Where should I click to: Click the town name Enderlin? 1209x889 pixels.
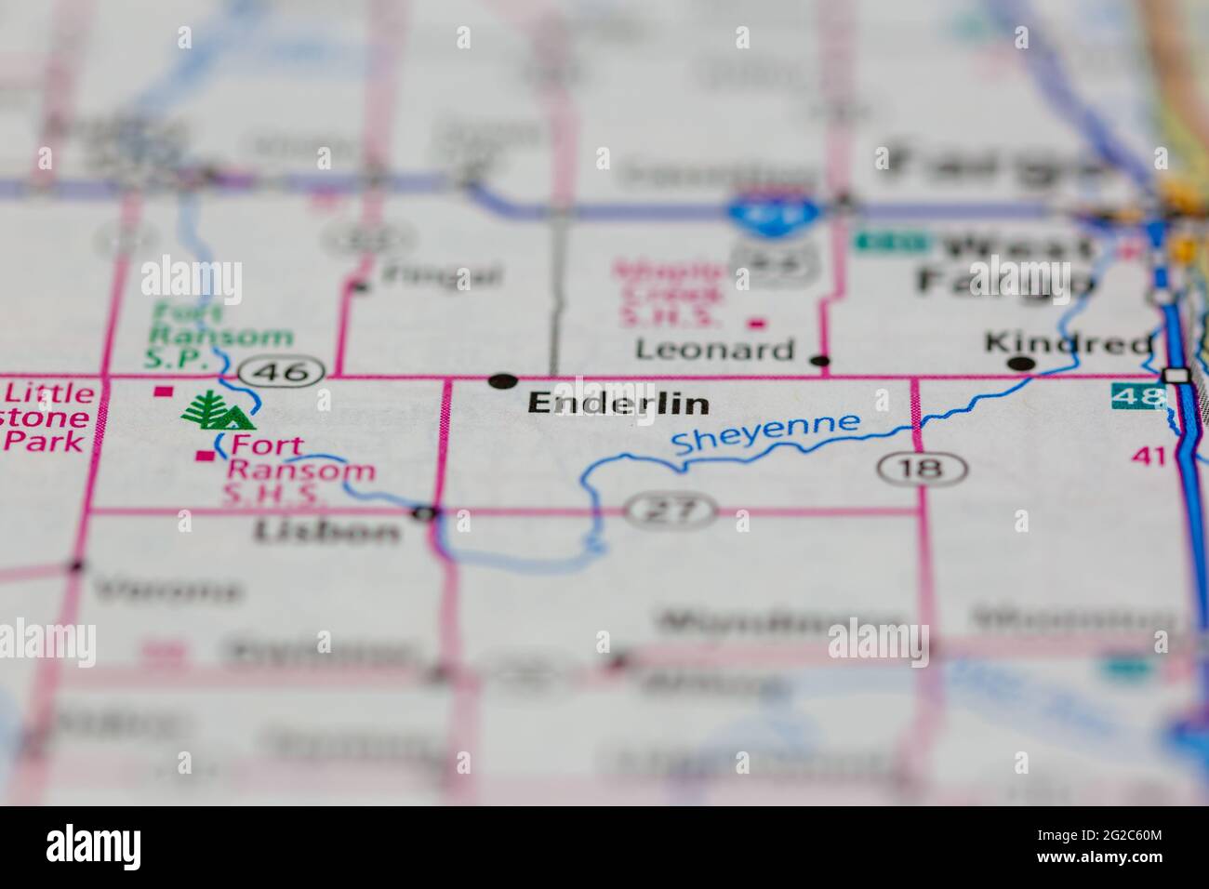pos(618,404)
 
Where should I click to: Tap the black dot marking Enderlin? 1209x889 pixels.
pos(502,379)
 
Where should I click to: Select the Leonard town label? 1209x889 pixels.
pos(714,350)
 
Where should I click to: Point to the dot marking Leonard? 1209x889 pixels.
pos(819,361)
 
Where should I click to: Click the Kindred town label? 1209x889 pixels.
pos(1068,343)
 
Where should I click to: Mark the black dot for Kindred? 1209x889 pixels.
pos(1022,364)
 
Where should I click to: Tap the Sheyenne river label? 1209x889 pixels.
pos(766,434)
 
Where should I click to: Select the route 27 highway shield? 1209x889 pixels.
pos(671,510)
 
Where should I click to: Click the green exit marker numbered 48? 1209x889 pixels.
pos(1137,397)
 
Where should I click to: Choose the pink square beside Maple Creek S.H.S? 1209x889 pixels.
pos(757,324)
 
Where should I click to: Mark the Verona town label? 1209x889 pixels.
pos(167,590)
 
